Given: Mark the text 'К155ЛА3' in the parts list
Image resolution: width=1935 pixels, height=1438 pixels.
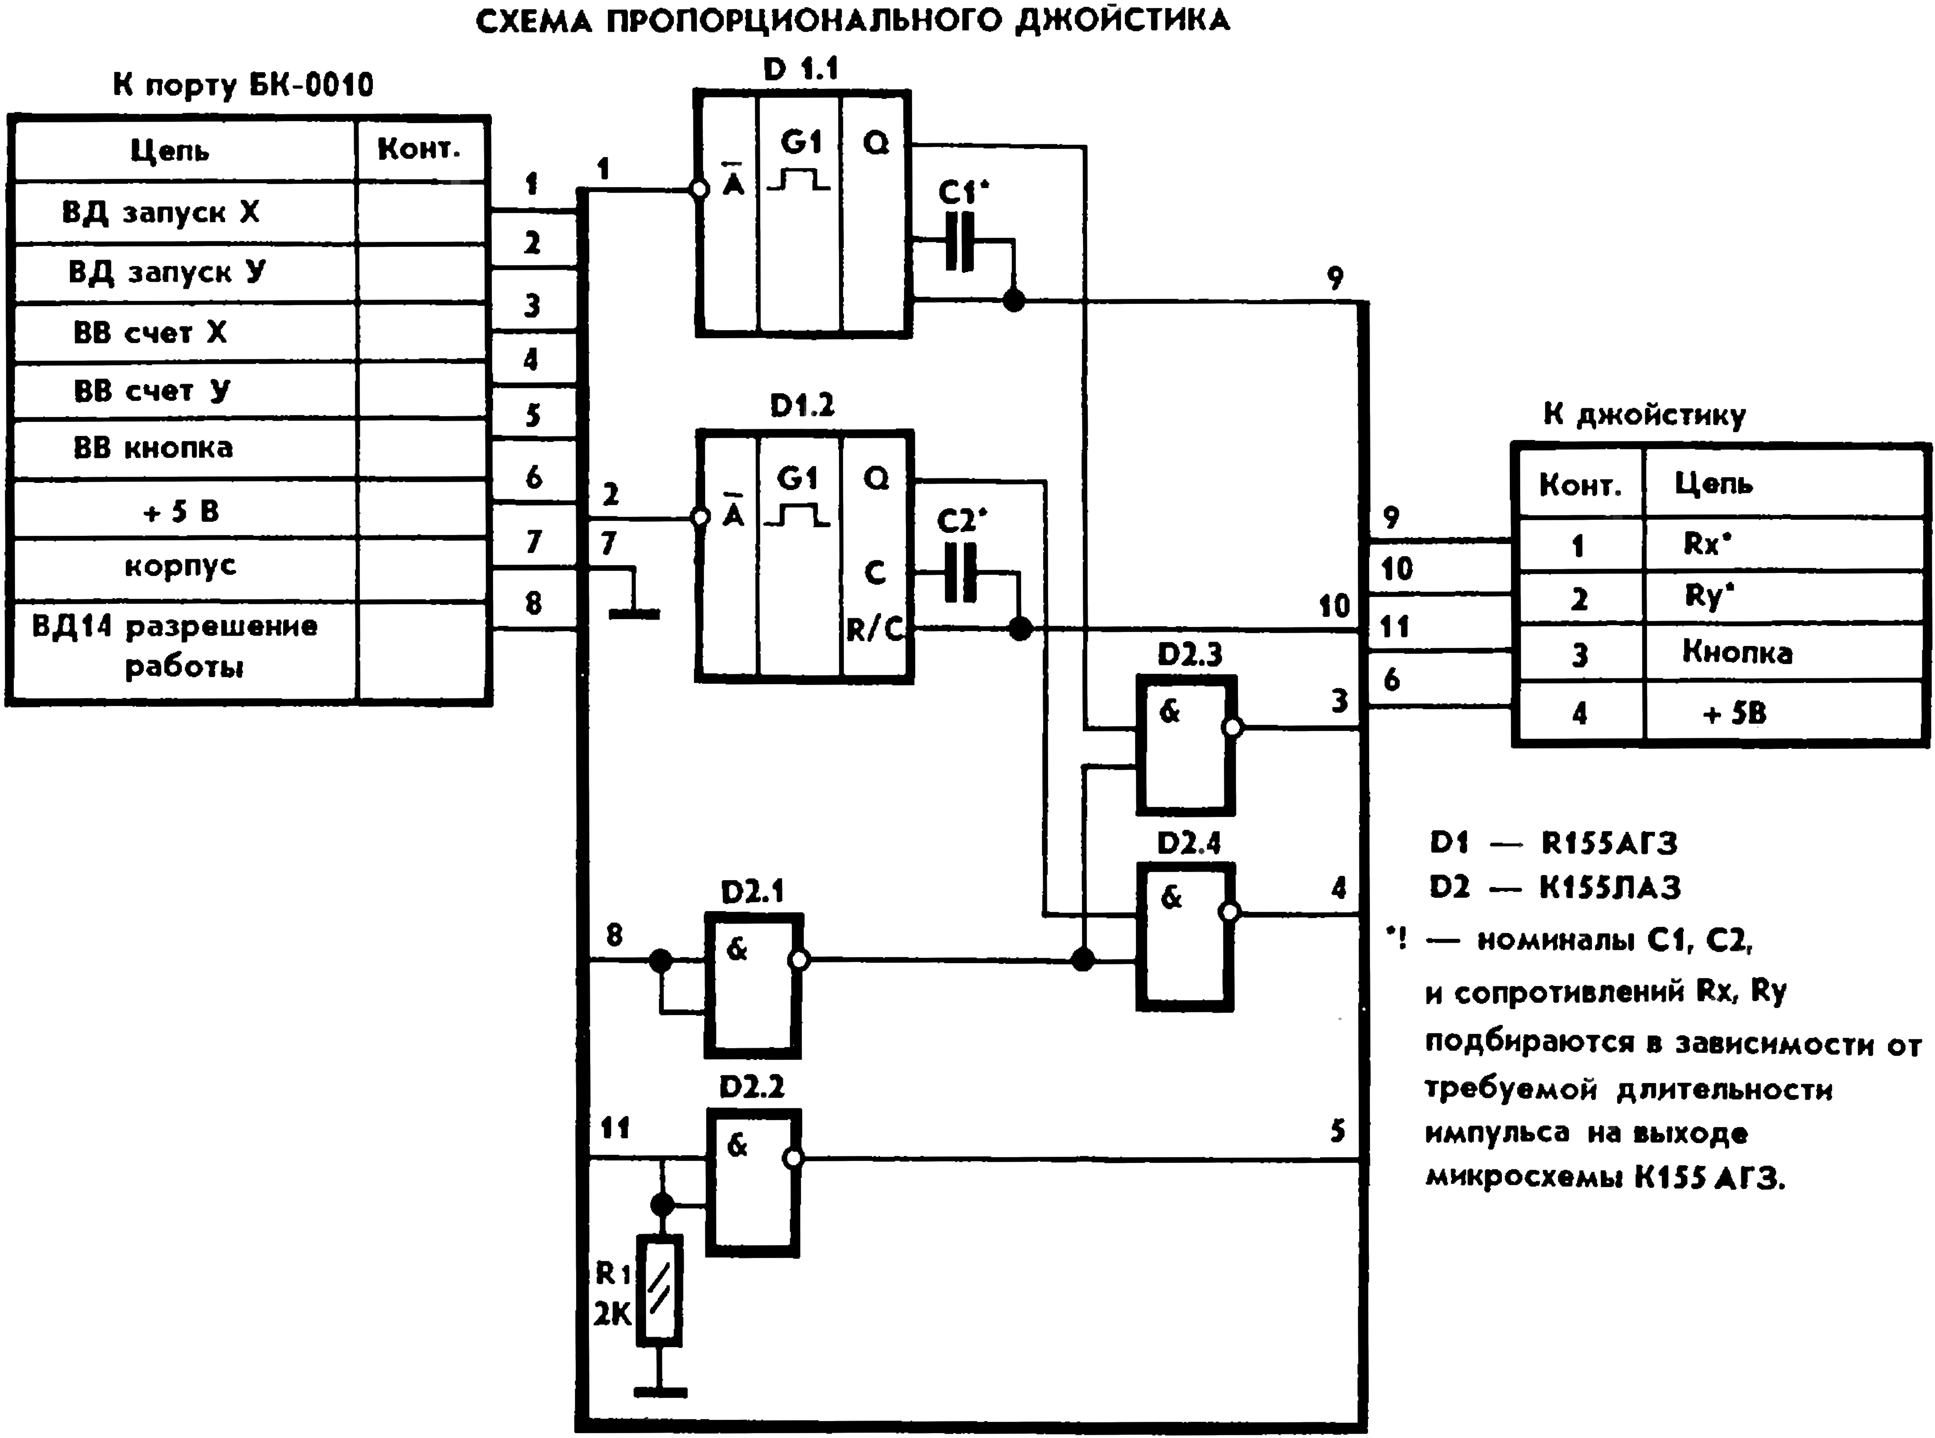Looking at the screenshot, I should [x=1609, y=888].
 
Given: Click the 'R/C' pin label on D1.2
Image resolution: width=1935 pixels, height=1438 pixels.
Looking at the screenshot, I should [x=875, y=629].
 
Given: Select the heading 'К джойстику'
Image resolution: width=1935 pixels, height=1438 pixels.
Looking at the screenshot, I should [x=1644, y=416].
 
